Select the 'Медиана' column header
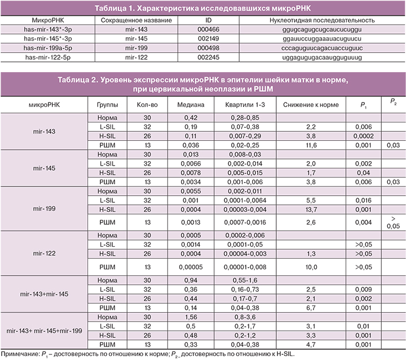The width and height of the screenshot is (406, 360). tap(187, 105)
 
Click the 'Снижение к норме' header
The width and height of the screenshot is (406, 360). tap(306, 105)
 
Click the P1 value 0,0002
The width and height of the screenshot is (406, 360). tap(360, 136)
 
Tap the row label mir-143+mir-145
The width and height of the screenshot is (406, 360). tap(43, 295)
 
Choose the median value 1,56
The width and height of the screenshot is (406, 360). tap(186, 318)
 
